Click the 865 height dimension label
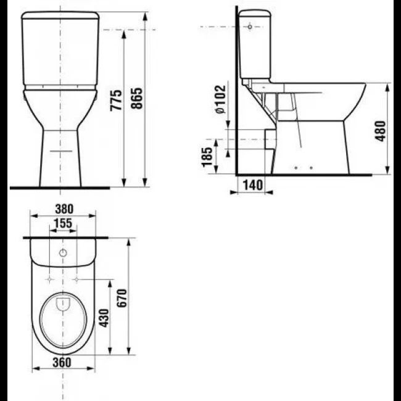click(x=136, y=99)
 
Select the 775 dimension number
click(x=116, y=100)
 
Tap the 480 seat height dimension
click(x=380, y=131)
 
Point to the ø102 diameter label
click(x=220, y=99)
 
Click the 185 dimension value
click(x=207, y=157)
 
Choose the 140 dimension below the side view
click(x=252, y=185)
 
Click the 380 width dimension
click(x=64, y=209)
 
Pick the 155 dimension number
click(x=64, y=223)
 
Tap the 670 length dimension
click(x=122, y=298)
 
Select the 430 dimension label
click(x=104, y=318)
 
